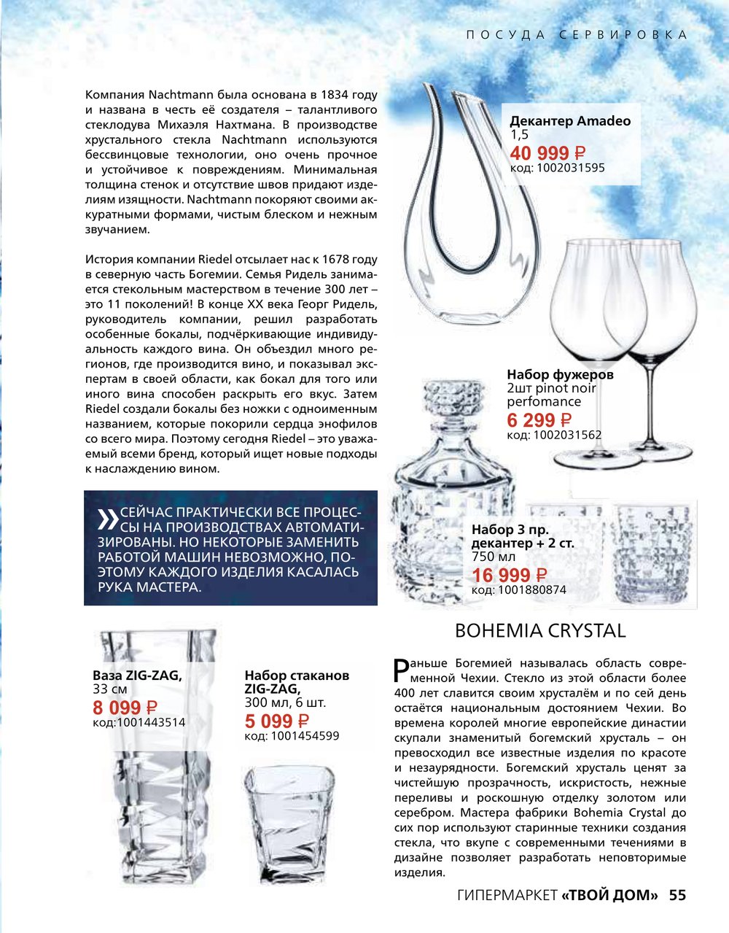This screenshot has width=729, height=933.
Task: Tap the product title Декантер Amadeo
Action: click(x=569, y=121)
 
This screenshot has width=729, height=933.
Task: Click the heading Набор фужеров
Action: click(x=560, y=374)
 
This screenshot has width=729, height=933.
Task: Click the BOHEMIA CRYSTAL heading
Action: click(x=540, y=630)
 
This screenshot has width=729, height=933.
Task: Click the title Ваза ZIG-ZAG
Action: click(x=137, y=675)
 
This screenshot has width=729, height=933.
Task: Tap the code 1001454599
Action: click(x=292, y=736)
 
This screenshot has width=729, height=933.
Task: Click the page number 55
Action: click(x=677, y=895)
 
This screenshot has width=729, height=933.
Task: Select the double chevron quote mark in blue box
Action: click(x=107, y=518)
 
